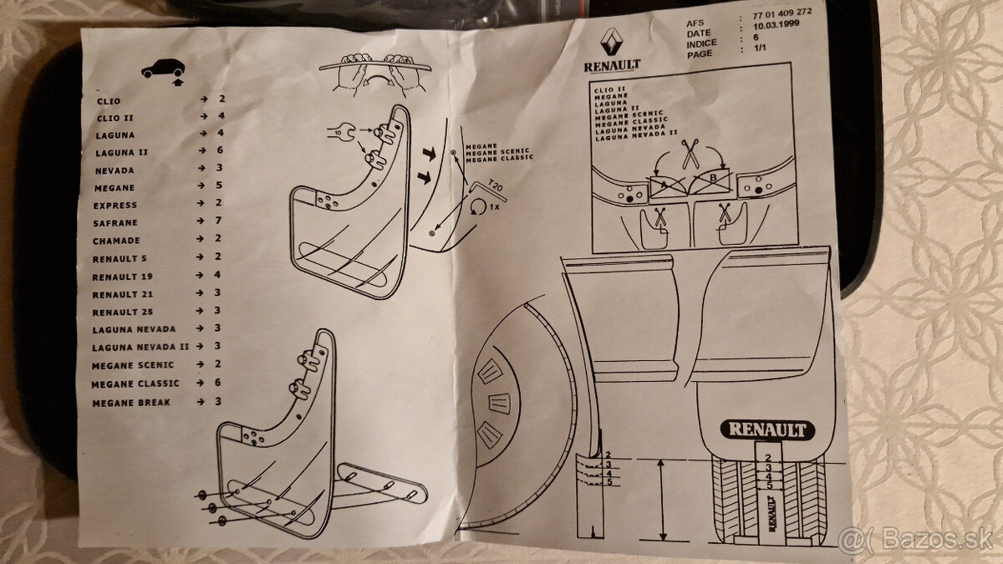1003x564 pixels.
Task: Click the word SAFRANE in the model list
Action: (x=115, y=223)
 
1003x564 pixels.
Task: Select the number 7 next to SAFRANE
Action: (x=218, y=221)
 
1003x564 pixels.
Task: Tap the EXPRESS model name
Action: (x=115, y=206)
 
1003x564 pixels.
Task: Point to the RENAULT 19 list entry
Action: (x=122, y=277)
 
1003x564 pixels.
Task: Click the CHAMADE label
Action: (x=116, y=241)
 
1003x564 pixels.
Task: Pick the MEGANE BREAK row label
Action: (x=131, y=403)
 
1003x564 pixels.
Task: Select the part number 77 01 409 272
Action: (x=782, y=13)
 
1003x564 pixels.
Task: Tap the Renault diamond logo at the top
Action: (x=612, y=43)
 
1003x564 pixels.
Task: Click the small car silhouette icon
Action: (x=163, y=69)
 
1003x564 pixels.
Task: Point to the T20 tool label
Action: (x=495, y=185)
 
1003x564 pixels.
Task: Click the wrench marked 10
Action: (x=341, y=132)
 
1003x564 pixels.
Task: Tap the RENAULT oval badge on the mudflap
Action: (x=767, y=430)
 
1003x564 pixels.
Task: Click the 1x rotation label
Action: (x=494, y=207)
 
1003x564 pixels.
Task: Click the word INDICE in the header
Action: (x=702, y=43)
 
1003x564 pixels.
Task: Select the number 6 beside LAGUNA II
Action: (x=220, y=150)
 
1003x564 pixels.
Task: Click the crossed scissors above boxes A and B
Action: (x=690, y=154)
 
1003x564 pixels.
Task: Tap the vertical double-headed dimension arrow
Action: (x=663, y=500)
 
